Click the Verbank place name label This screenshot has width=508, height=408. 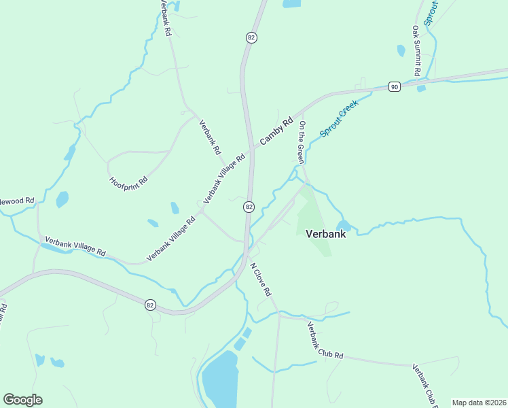[x=326, y=234]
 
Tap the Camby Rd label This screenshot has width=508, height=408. [x=275, y=131]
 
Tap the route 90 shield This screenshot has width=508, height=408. [x=394, y=86]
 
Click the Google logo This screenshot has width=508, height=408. [x=22, y=400]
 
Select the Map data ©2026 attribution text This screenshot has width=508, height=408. [x=478, y=403]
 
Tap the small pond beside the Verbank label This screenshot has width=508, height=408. [x=343, y=225]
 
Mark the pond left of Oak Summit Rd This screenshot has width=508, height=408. [x=401, y=50]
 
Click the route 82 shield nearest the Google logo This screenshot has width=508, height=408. [x=150, y=305]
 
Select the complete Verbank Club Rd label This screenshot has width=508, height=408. [x=325, y=340]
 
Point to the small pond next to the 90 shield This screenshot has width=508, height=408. [x=421, y=88]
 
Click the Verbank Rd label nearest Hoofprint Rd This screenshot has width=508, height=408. [x=209, y=136]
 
